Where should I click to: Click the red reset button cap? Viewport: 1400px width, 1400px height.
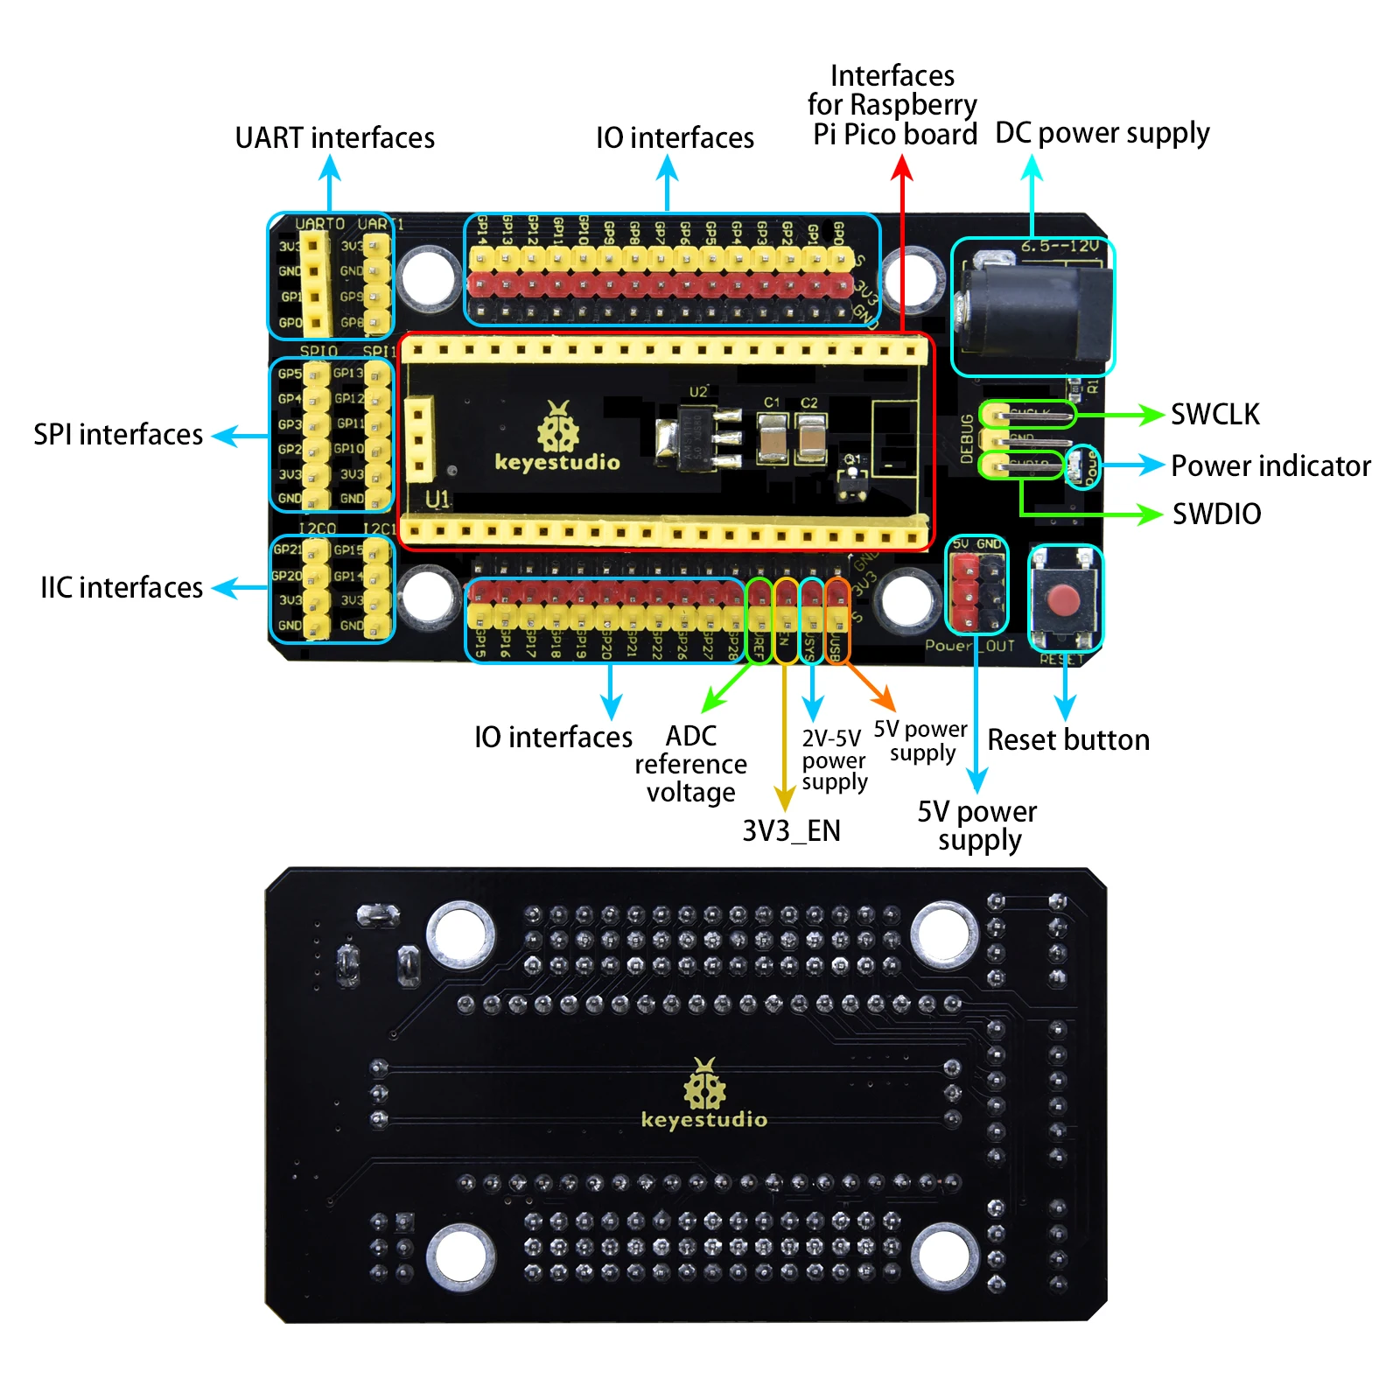pyautogui.click(x=1064, y=601)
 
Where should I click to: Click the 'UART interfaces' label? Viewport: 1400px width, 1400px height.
pyautogui.click(x=334, y=138)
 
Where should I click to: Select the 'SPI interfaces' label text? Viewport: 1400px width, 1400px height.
pyautogui.click(x=118, y=434)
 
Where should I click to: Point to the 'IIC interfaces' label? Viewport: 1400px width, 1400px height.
pyautogui.click(x=122, y=587)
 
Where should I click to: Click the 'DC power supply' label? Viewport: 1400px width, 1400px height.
pyautogui.click(x=1102, y=133)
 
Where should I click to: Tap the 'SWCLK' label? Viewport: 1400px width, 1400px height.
pyautogui.click(x=1215, y=414)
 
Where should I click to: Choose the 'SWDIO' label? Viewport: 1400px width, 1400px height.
pyautogui.click(x=1216, y=514)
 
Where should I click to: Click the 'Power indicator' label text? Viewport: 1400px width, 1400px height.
pyautogui.click(x=1270, y=465)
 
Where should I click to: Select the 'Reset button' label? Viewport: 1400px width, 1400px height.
pyautogui.click(x=1068, y=740)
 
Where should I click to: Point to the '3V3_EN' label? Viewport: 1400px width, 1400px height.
pyautogui.click(x=791, y=830)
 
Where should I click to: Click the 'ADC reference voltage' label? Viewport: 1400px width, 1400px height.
pyautogui.click(x=690, y=764)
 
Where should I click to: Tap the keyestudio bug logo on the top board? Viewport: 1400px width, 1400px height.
pyautogui.click(x=557, y=428)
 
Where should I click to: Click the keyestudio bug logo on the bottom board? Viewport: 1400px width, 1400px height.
pyautogui.click(x=704, y=1085)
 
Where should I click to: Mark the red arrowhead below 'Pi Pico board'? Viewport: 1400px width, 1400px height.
pyautogui.click(x=902, y=167)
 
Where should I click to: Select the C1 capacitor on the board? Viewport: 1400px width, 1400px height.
pyautogui.click(x=773, y=437)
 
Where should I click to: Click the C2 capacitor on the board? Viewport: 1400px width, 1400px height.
pyautogui.click(x=810, y=437)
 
